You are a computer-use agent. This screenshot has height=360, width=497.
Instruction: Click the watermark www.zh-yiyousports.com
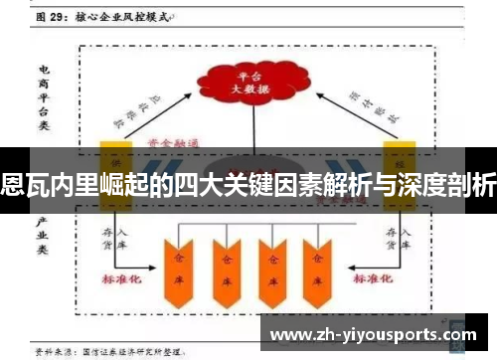click(374, 335)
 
